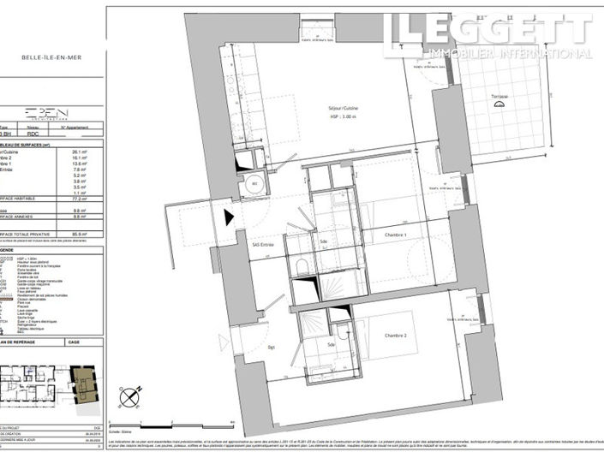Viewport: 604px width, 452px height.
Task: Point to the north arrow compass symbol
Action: pos(130,396)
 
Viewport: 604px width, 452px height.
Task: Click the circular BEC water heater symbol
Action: pos(254,183)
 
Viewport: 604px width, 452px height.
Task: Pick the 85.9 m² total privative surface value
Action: pos(82,233)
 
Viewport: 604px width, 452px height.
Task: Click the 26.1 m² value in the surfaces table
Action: pos(82,152)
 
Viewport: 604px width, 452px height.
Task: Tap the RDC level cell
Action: pos(33,134)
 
